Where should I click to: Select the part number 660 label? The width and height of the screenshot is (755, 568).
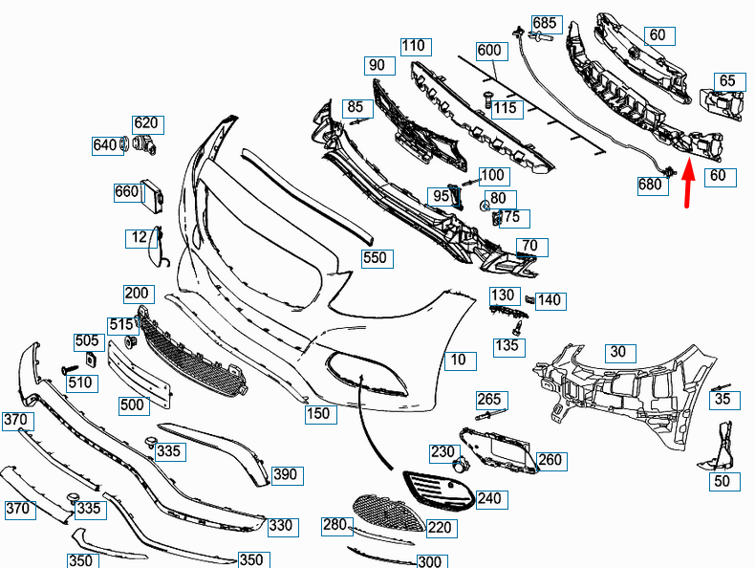tap(127, 191)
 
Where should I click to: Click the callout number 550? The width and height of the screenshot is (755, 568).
tap(375, 257)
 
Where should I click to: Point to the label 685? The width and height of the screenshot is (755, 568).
tap(545, 22)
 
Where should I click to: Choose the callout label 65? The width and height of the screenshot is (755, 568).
tap(727, 81)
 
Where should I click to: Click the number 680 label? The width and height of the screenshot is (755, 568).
tap(652, 185)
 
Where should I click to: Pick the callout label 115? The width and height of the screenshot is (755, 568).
tap(505, 108)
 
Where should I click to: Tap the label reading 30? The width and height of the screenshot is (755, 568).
tap(618, 352)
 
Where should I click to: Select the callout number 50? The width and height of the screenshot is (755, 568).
tap(722, 481)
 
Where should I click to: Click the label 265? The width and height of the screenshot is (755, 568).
tap(488, 399)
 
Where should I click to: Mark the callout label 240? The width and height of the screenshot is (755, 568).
tap(488, 498)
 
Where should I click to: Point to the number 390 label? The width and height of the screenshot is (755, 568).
tap(286, 474)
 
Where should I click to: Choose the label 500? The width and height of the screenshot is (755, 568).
tap(133, 404)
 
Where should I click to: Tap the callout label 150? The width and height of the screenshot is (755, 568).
tap(318, 414)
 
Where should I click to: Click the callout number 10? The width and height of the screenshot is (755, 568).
tap(459, 360)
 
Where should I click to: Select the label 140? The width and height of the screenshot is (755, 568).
tap(550, 300)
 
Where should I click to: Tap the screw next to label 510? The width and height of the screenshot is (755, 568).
tap(69, 368)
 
